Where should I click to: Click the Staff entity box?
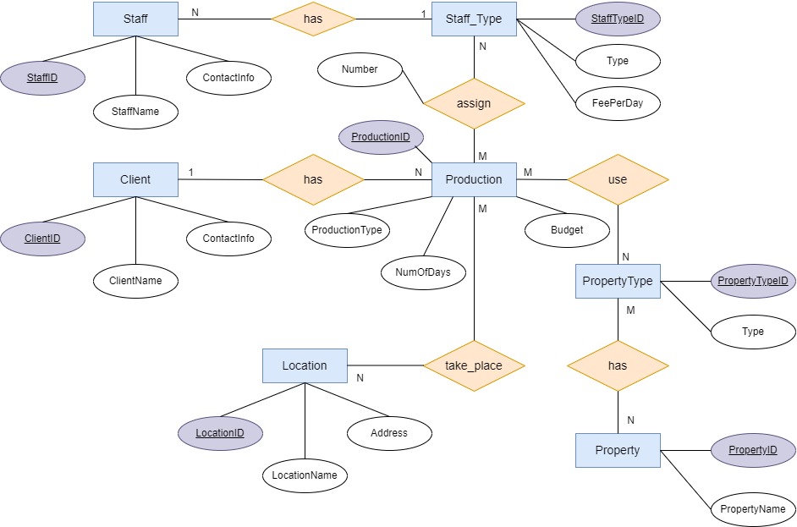pos(135,19)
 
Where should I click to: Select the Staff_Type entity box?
pos(474,19)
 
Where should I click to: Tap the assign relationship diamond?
pos(474,103)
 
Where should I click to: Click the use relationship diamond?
pos(618,179)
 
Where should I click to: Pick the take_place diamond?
pos(474,365)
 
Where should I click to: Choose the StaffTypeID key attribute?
pos(618,19)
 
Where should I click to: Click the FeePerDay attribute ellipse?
pos(618,103)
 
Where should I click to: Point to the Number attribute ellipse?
pos(360,69)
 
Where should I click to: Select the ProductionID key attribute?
pos(381,137)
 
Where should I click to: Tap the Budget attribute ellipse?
pos(567,229)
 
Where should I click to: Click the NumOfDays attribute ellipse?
pos(423,272)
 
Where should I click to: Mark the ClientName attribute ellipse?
pos(135,280)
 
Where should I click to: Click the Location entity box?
pos(305,365)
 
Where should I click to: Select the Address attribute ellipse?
pos(389,433)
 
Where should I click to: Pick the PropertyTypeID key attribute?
pos(753,281)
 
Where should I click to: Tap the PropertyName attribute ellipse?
pos(753,509)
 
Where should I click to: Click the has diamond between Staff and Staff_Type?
pos(313,19)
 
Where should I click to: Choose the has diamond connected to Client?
pos(313,179)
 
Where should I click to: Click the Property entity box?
pos(618,450)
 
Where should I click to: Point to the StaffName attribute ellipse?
pos(135,111)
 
